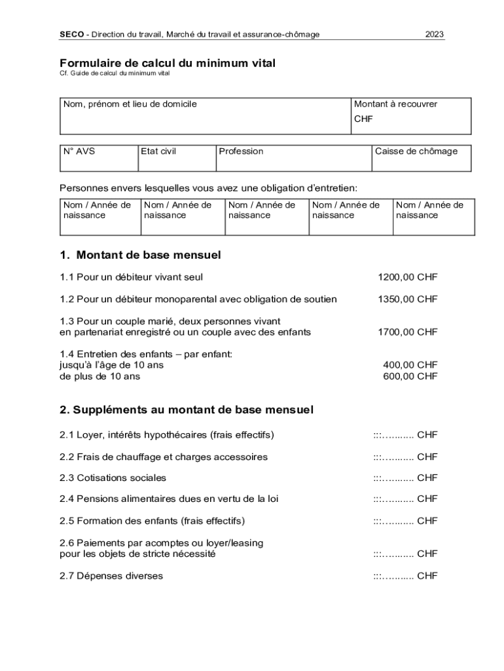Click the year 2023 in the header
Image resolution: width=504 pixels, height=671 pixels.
click(435, 34)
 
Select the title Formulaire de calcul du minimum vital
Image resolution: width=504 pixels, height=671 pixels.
click(168, 63)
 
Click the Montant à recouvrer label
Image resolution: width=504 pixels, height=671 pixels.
click(395, 104)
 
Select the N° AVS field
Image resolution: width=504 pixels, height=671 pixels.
click(98, 158)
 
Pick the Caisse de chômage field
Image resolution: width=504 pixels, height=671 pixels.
click(420, 158)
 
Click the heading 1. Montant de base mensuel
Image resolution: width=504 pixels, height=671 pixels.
click(140, 254)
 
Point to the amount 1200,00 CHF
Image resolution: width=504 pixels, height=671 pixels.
click(407, 277)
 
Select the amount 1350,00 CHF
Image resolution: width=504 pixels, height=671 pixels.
click(407, 299)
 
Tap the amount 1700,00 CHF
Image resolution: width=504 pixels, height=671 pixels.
click(407, 332)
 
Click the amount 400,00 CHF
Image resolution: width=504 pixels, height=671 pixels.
click(410, 364)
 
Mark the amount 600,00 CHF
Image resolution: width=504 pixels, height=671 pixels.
click(410, 376)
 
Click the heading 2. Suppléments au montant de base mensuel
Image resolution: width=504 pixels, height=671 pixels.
click(187, 410)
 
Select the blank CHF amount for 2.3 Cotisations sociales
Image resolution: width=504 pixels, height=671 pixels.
click(405, 478)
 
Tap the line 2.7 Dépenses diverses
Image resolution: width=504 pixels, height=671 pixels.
click(111, 576)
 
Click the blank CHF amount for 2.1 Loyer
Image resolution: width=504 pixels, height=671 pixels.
click(405, 435)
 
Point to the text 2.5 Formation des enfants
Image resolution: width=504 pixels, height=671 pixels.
click(152, 521)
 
